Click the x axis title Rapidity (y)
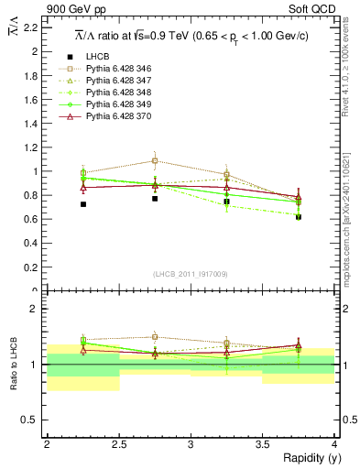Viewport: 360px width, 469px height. [x=305, y=458]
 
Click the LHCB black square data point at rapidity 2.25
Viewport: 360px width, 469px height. [x=82, y=204]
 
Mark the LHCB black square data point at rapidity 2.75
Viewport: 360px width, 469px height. [x=155, y=198]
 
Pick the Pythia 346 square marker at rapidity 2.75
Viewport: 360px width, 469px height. [x=155, y=160]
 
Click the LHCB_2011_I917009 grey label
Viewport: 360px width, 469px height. [x=191, y=274]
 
